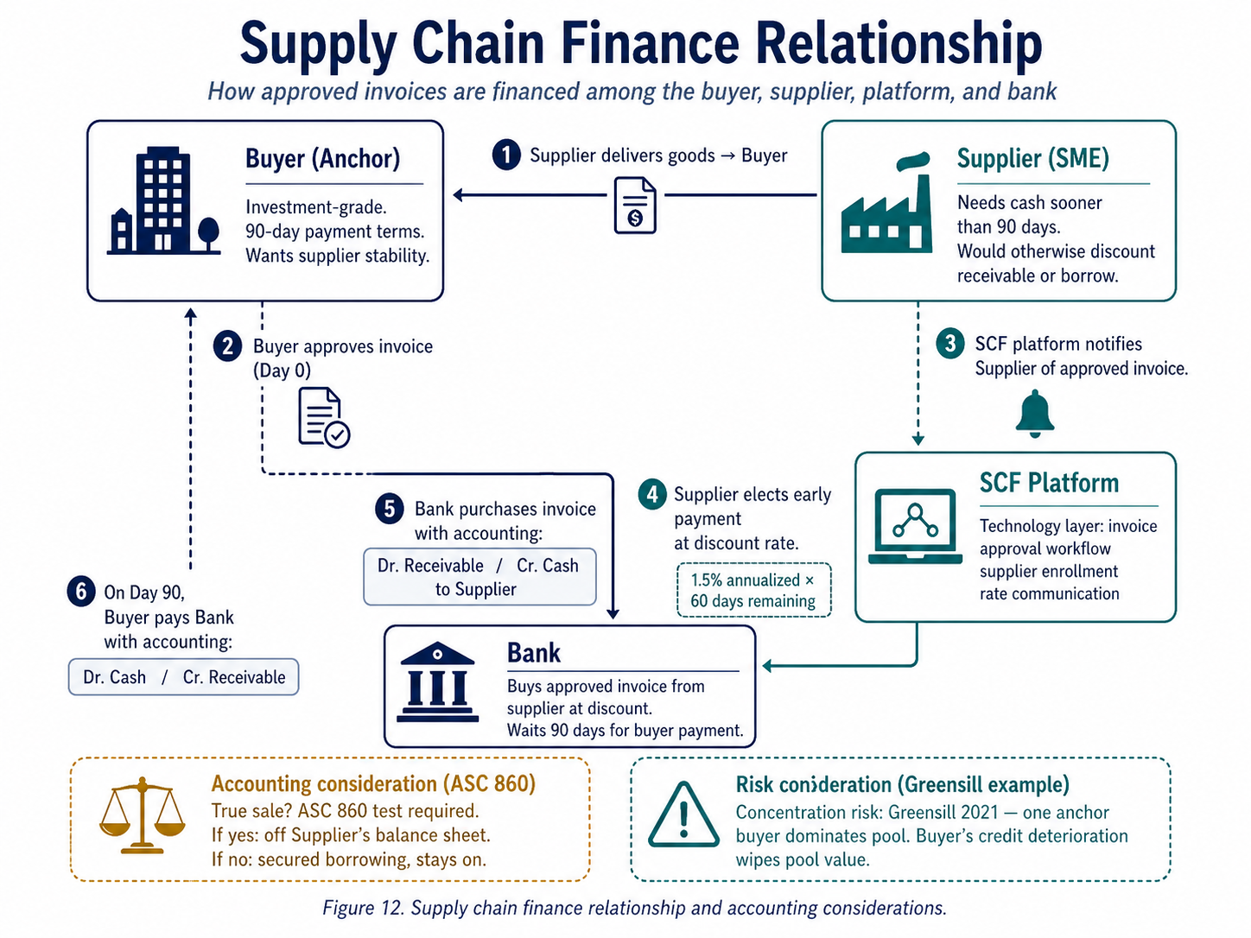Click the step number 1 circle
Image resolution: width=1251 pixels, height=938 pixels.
[x=505, y=155]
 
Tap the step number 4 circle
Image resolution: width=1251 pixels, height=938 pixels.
[x=651, y=494]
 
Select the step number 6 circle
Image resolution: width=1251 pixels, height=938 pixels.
[x=81, y=592]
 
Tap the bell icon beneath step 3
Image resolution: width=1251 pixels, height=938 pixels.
[x=1034, y=414]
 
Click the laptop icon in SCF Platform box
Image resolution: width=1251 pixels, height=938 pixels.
[x=915, y=526]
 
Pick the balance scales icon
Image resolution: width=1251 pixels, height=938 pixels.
[x=143, y=816]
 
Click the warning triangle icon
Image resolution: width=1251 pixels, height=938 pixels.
[x=683, y=816]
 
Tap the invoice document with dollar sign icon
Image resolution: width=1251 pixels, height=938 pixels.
[x=635, y=206]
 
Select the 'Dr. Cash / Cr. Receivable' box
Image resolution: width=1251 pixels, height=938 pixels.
[x=183, y=677]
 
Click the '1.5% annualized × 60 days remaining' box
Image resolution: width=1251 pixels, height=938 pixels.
[x=753, y=591]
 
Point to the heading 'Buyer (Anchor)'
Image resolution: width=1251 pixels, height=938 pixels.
[x=322, y=159]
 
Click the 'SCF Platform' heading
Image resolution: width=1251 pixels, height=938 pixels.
[x=1049, y=483]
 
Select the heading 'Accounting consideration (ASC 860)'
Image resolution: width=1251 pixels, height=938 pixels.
[x=373, y=783]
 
